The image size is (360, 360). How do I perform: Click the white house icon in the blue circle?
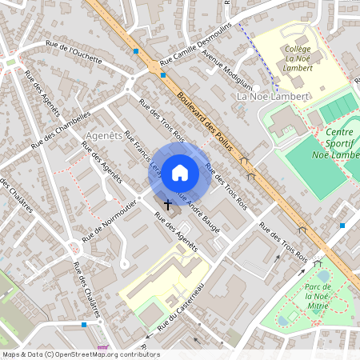click(x=180, y=171)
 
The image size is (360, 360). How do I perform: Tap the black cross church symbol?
click(x=167, y=206)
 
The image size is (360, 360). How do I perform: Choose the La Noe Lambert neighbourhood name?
click(x=273, y=96)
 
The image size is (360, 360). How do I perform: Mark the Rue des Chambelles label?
click(x=60, y=129)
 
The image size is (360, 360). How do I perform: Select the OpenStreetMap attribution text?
click(x=70, y=354)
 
